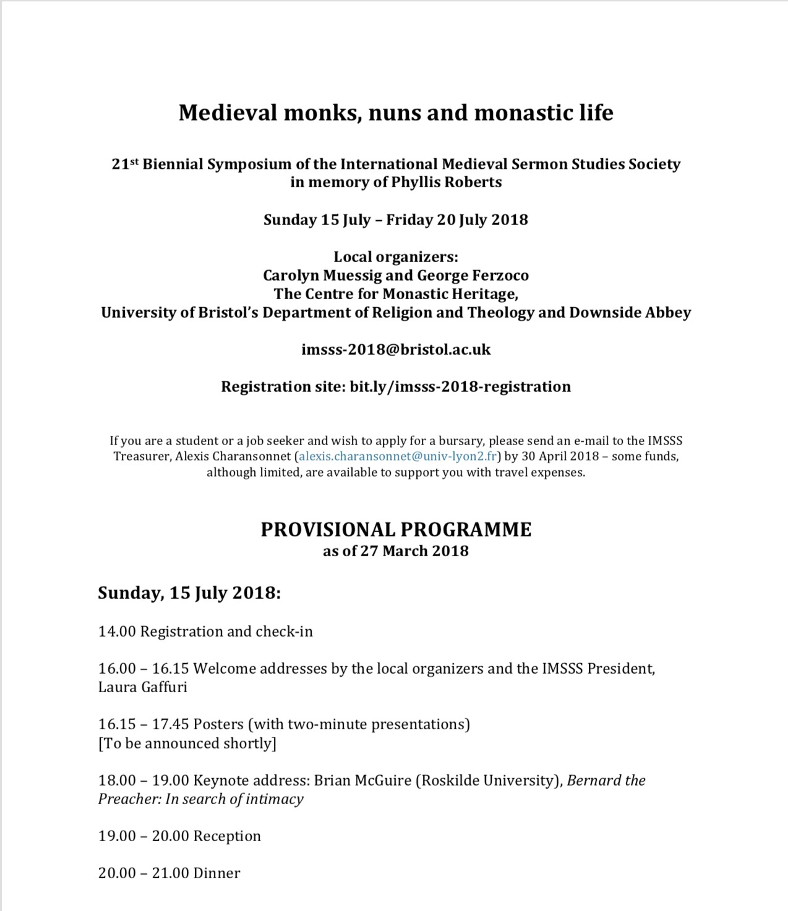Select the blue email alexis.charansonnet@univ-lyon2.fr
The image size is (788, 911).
tap(398, 457)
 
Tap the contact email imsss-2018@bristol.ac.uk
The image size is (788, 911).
tap(396, 350)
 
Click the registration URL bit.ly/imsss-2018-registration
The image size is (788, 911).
tap(460, 387)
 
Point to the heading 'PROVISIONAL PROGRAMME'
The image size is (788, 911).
tap(396, 530)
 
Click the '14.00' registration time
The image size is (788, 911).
tap(117, 632)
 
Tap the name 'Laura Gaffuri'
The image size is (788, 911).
tap(143, 687)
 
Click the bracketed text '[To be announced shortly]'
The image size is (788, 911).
tap(187, 743)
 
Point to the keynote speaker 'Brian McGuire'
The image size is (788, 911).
tap(362, 781)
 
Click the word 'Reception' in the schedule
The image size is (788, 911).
tap(227, 836)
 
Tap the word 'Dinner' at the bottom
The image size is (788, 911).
tap(216, 873)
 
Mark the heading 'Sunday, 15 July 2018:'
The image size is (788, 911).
tap(189, 593)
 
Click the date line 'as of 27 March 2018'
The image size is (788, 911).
tap(396, 551)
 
